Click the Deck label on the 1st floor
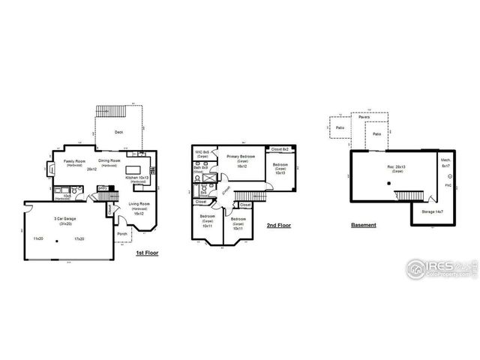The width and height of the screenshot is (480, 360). pos(118,132)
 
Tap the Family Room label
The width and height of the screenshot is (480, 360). pos(73,162)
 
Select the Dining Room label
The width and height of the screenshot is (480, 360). pos(109,162)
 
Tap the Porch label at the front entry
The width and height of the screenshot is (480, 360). pos(122,233)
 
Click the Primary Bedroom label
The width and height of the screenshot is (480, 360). pos(241,157)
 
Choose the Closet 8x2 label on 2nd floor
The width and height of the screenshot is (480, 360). pos(279,150)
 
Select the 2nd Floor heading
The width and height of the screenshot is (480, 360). pos(280,224)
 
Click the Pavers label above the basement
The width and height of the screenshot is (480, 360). pos(364,118)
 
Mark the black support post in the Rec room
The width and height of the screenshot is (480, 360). pos(388,182)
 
